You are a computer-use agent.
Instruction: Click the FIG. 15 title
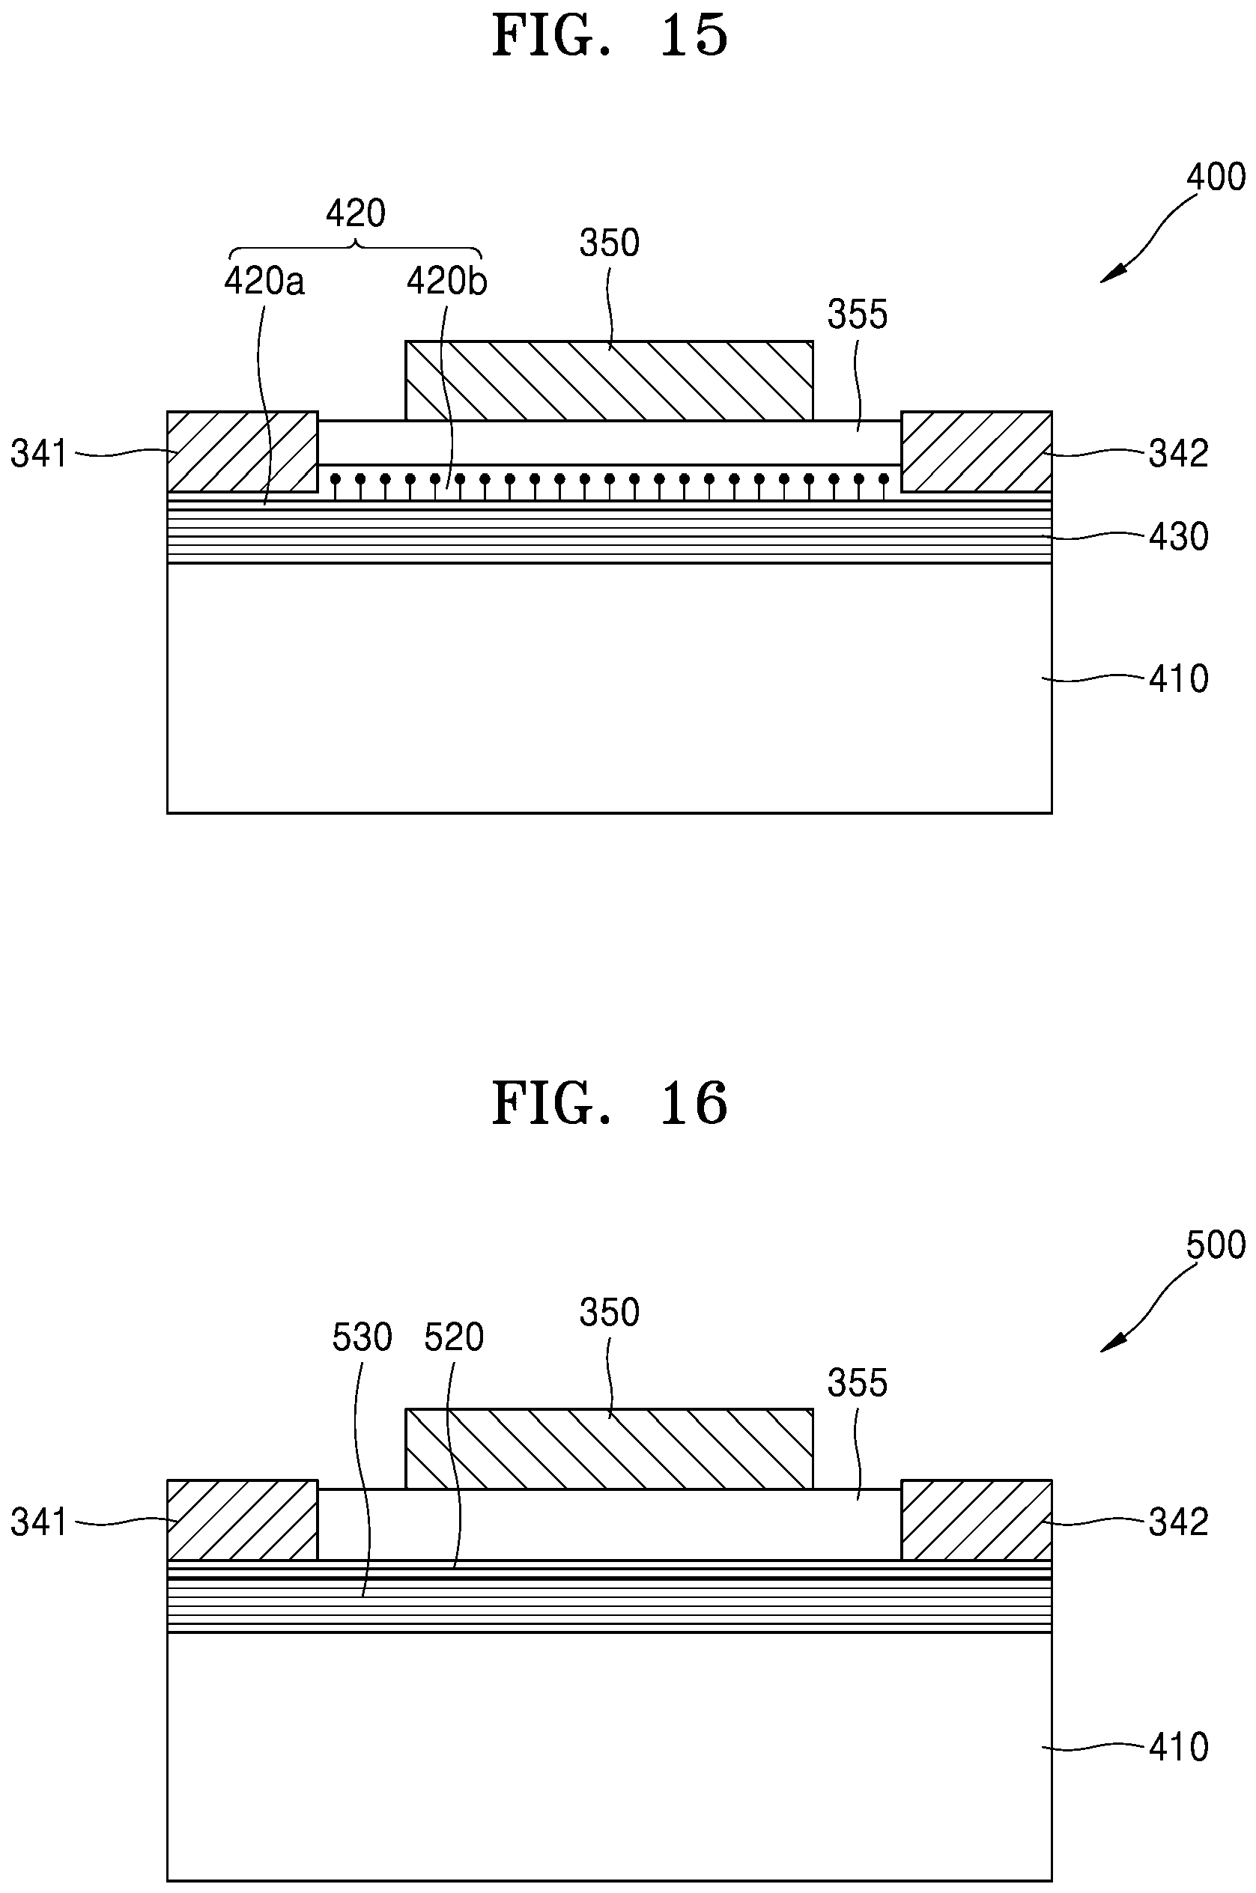(x=610, y=36)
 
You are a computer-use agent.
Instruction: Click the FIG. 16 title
(x=610, y=1104)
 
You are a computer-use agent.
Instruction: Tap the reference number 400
(x=1215, y=177)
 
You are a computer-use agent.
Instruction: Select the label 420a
(x=264, y=282)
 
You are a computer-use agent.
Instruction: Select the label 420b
(x=447, y=282)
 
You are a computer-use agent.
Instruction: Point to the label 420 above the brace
(x=356, y=214)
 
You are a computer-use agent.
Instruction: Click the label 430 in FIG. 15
(x=1178, y=536)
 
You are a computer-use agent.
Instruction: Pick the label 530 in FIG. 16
(x=362, y=1338)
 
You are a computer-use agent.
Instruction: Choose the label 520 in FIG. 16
(x=454, y=1338)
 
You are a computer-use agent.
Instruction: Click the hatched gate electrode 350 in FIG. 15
(x=610, y=380)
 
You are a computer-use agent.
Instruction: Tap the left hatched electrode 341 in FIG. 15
(x=243, y=452)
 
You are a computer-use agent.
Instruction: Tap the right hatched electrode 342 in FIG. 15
(x=977, y=452)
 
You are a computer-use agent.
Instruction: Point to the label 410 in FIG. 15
(x=1178, y=679)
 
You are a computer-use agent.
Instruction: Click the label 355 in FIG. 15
(x=857, y=315)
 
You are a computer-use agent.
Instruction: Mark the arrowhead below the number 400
(x=1110, y=274)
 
